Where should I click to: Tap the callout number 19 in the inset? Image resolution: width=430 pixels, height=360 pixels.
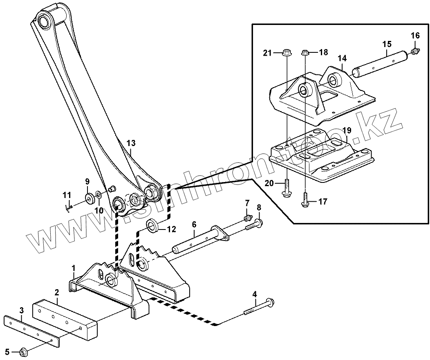[347, 130]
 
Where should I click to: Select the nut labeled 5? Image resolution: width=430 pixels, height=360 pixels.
[23, 351]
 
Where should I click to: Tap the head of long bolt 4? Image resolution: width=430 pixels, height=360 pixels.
[270, 303]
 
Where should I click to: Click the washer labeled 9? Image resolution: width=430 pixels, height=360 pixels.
[89, 199]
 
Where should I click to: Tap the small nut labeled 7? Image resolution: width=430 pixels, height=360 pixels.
[247, 217]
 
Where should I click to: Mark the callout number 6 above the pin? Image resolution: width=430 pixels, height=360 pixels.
[194, 224]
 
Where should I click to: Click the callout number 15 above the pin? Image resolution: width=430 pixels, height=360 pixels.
[387, 44]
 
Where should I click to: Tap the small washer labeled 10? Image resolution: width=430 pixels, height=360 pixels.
[99, 194]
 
